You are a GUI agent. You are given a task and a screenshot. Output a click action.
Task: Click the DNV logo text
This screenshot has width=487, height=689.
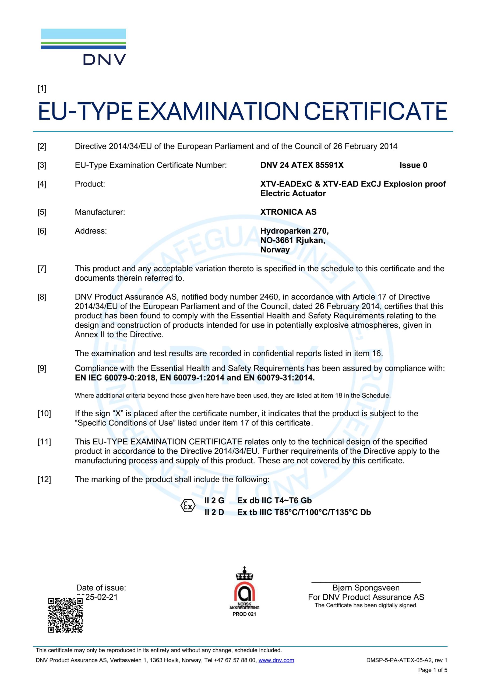tap(104, 59)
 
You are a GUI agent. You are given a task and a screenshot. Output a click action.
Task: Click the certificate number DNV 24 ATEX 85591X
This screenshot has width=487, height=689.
tap(302, 165)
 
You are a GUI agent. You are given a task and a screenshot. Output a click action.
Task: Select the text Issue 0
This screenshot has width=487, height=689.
tap(413, 165)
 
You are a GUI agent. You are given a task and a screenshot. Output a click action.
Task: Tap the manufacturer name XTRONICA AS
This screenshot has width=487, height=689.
tap(288, 212)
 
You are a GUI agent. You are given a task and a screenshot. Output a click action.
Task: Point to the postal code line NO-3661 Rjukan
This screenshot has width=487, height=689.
tap(292, 240)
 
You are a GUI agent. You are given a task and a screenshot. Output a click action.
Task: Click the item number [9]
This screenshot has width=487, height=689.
tap(42, 368)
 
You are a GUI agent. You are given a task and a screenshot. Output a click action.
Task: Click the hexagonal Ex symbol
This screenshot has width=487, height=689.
tap(188, 506)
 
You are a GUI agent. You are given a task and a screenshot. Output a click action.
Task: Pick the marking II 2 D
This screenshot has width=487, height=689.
tap(214, 512)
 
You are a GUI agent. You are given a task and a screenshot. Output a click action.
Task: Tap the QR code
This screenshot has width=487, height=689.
tap(65, 615)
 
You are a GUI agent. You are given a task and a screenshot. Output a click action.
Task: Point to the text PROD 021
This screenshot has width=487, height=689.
tap(244, 614)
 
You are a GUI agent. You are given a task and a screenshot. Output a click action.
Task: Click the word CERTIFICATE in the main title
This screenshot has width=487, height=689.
tap(375, 111)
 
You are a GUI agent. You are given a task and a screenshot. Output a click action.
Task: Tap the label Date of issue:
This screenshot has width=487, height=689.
tap(101, 588)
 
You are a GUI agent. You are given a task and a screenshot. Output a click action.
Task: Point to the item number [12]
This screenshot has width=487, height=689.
tap(44, 479)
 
